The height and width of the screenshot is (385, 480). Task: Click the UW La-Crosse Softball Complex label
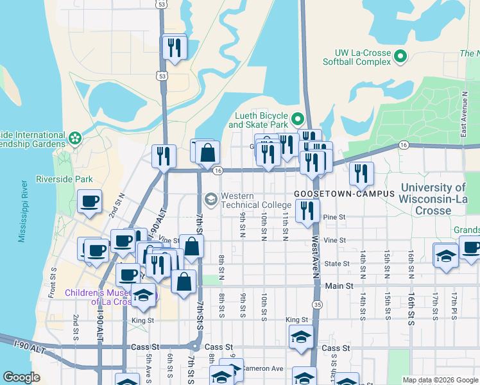pos(363,57)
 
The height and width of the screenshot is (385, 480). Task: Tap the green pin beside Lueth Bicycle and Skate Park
pos(297,119)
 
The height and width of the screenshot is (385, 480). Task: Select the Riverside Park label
pos(64,179)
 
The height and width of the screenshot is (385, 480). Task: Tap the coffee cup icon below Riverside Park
pos(89,201)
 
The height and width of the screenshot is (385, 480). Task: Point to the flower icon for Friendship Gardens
pos(75,137)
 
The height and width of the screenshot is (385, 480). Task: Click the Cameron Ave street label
pos(267,368)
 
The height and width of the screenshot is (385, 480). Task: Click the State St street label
pos(336,263)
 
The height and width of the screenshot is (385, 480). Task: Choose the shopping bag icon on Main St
pos(184,281)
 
